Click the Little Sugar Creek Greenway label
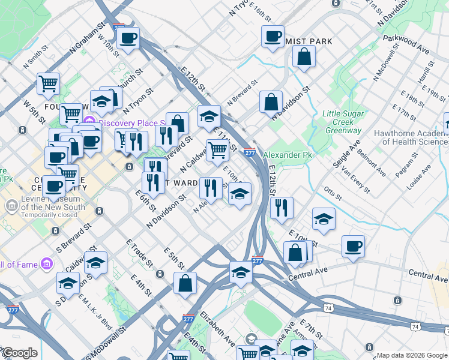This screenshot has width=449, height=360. pos(342,122)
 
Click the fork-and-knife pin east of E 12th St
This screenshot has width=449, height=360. pos(282,208)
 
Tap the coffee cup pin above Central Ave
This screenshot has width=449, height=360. pos(353,245)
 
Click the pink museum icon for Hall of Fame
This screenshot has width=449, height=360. pos(46,265)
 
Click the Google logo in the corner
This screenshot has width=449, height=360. pos(19,353)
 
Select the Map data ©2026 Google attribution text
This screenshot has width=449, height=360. pos(412,355)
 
